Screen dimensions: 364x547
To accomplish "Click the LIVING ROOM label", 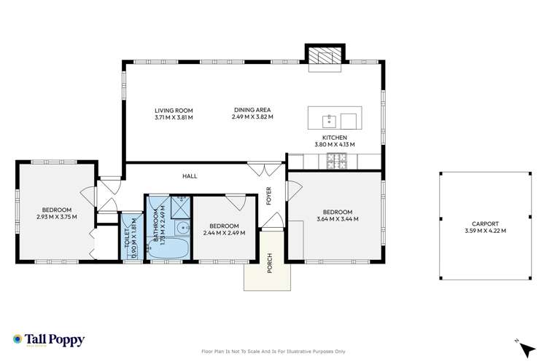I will tap(174, 110).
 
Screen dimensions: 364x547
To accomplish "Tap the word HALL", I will tap(190, 176).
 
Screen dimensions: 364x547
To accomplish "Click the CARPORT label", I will tap(485, 223).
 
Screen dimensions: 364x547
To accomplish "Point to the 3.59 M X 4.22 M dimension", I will tap(485, 231).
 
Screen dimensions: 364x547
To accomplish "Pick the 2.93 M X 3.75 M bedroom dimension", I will tap(56, 216).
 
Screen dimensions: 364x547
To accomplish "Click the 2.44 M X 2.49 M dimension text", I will tap(224, 233).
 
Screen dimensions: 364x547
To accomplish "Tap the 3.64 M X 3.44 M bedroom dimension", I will tap(337, 218).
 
